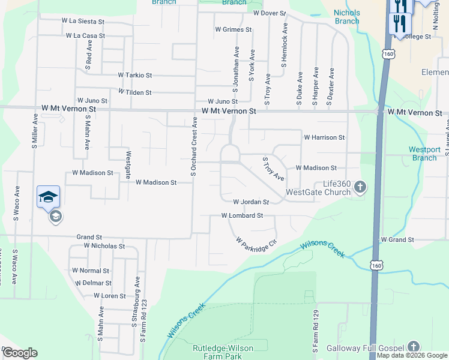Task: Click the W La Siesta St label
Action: click(83, 20)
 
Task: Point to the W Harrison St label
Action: click(324, 137)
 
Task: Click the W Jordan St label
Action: click(251, 202)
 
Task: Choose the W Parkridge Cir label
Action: click(256, 243)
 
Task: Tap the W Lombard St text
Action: click(243, 215)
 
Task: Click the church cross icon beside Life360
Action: click(360, 187)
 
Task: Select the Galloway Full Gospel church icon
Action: click(413, 346)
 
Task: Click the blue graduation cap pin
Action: click(49, 197)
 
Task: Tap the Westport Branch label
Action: click(424, 154)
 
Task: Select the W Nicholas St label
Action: click(104, 246)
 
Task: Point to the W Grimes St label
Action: click(233, 29)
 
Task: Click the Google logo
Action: click(20, 353)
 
